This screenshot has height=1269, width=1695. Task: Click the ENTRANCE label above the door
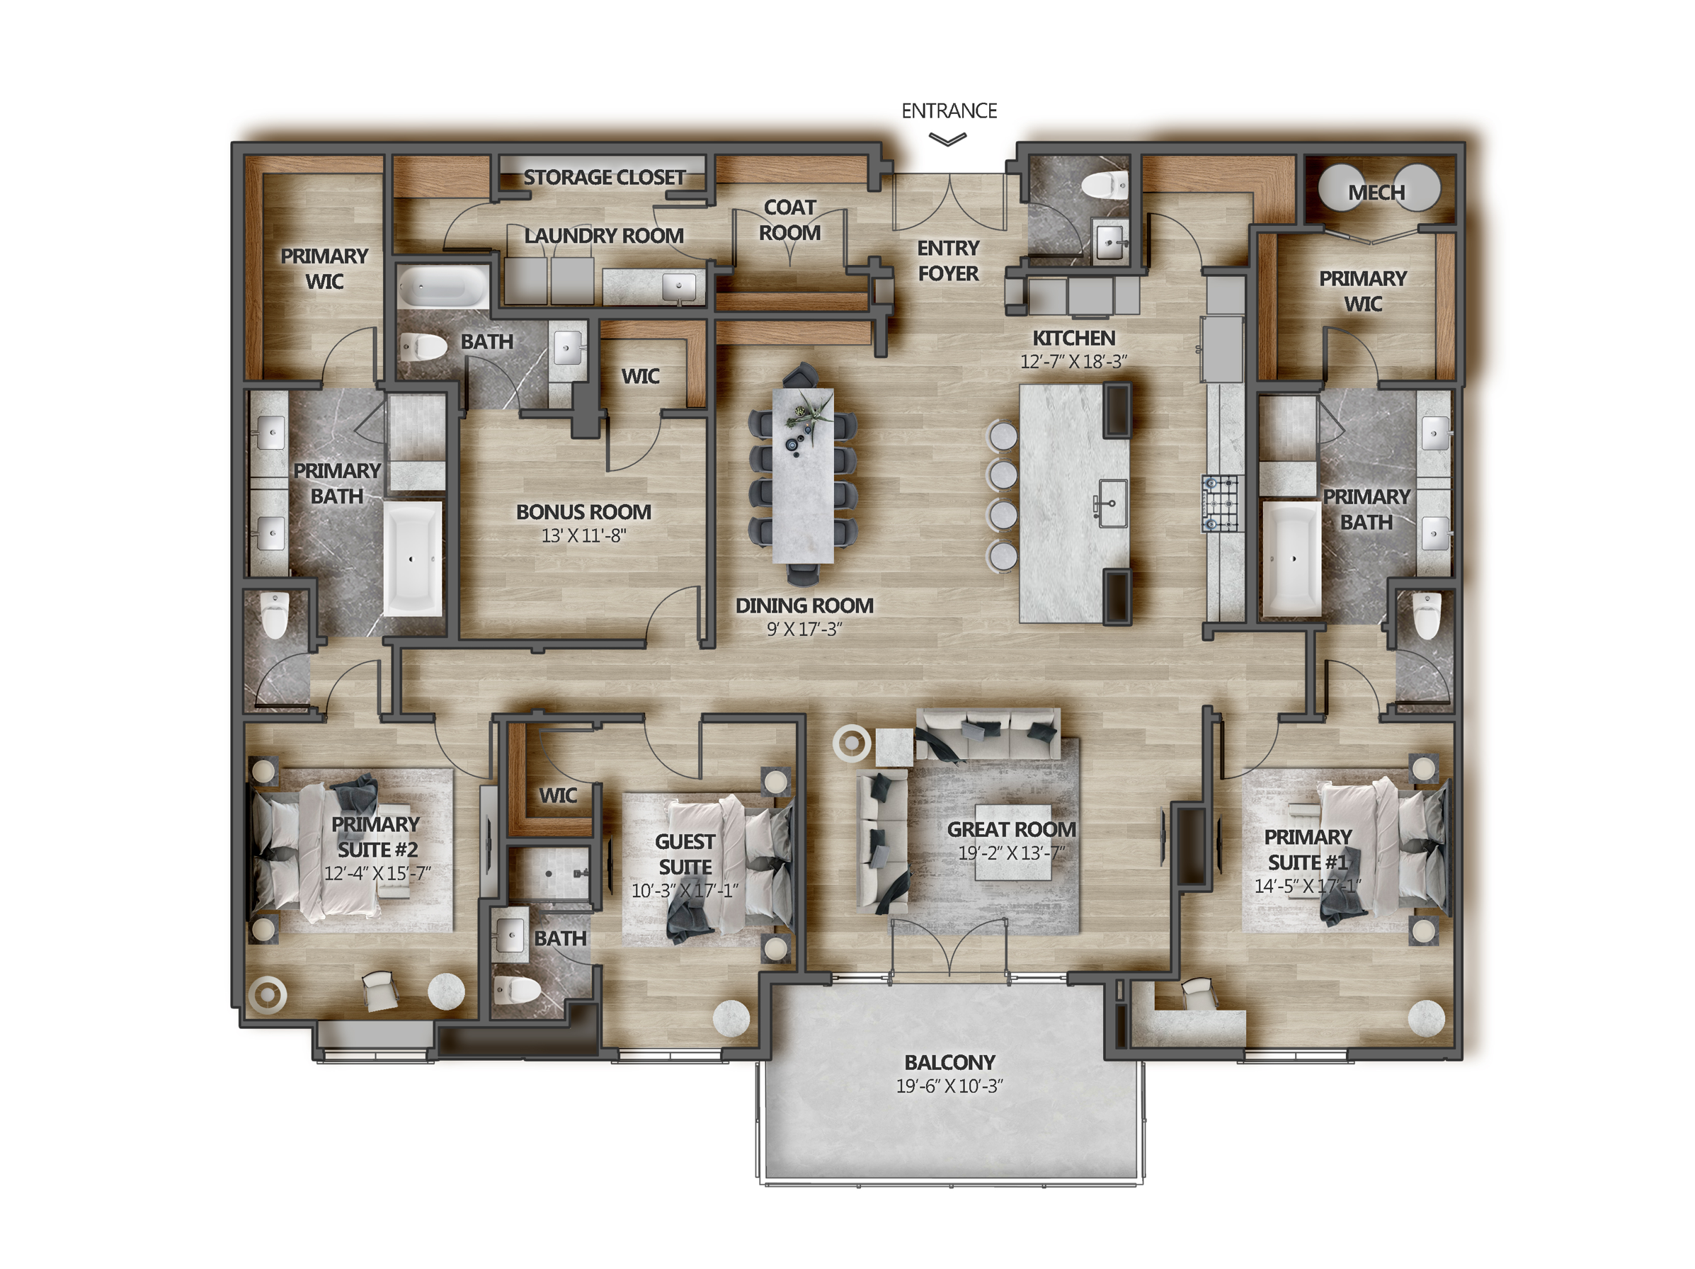(x=949, y=111)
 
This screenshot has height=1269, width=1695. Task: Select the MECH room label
(x=1376, y=193)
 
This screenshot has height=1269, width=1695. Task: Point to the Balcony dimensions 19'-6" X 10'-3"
(x=949, y=1086)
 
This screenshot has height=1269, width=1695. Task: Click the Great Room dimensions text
(x=1011, y=853)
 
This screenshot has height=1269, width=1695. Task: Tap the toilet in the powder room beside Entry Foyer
(x=1107, y=185)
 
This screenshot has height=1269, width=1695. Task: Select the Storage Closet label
(x=604, y=177)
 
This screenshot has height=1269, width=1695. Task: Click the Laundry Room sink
(x=679, y=287)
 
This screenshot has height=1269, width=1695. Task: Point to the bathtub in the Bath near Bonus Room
(x=442, y=288)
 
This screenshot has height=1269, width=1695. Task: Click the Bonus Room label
(x=583, y=511)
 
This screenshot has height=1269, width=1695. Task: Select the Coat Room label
(x=789, y=220)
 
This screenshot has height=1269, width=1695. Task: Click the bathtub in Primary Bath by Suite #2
(x=412, y=559)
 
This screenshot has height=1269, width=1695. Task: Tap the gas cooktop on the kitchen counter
(x=1220, y=503)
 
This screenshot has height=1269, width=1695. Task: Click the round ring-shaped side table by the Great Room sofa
(x=851, y=743)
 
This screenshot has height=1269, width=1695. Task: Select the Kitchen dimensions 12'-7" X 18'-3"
(x=1073, y=362)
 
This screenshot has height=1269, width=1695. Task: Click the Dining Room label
(x=804, y=605)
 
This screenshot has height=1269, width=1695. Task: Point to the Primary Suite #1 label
(x=1307, y=849)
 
